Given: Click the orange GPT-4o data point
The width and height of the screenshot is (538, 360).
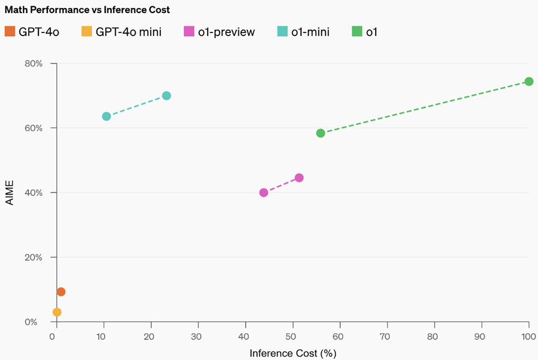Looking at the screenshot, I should pyautogui.click(x=61, y=292).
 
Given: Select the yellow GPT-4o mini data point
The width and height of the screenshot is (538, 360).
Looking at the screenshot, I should pyautogui.click(x=57, y=312).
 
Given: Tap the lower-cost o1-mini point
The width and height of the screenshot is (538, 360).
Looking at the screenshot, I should pyautogui.click(x=106, y=116).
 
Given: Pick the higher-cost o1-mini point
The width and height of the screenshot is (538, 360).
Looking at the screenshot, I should pyautogui.click(x=167, y=96).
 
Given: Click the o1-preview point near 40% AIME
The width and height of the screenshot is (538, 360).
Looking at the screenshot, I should pyautogui.click(x=264, y=193).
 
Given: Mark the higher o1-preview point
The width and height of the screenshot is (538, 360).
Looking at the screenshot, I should pyautogui.click(x=299, y=178).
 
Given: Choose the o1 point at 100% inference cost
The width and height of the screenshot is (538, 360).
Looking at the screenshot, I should pyautogui.click(x=529, y=81).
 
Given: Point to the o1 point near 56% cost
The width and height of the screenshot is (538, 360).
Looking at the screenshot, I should pyautogui.click(x=321, y=133).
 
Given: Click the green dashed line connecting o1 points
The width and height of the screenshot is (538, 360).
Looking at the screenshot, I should pyautogui.click(x=425, y=107).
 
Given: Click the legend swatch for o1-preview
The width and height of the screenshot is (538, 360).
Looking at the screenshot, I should pyautogui.click(x=190, y=32).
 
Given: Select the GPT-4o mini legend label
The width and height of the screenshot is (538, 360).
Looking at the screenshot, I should pyautogui.click(x=128, y=32).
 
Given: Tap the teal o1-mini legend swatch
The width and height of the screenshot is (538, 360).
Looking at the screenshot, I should pyautogui.click(x=282, y=32).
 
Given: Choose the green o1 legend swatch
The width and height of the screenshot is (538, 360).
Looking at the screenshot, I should pyautogui.click(x=357, y=32).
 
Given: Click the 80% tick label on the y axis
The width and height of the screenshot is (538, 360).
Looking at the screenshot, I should pyautogui.click(x=34, y=63).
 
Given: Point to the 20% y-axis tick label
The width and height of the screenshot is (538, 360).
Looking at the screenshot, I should pyautogui.click(x=34, y=257).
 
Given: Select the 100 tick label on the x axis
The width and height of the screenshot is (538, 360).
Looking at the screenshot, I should pyautogui.click(x=528, y=337).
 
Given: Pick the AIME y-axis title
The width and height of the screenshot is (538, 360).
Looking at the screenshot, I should pyautogui.click(x=9, y=193).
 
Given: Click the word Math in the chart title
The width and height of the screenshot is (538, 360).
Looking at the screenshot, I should pyautogui.click(x=17, y=10).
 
